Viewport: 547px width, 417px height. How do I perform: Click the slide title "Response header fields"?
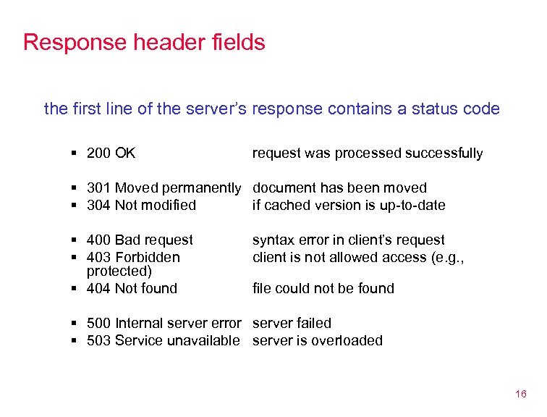144,42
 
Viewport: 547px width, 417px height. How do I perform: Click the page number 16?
520,394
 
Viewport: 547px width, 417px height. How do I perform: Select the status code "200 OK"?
111,153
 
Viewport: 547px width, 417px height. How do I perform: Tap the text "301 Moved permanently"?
164,188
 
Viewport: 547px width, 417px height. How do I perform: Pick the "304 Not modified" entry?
141,205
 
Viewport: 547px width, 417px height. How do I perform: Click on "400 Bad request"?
140,240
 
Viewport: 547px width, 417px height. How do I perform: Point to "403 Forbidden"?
133,257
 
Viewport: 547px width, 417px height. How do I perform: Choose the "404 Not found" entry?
132,288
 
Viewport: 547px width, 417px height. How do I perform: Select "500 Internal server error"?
164,323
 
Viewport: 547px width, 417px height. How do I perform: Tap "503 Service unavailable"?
163,340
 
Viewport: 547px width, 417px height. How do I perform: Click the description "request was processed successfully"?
368,153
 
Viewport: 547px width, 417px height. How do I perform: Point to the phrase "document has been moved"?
339,188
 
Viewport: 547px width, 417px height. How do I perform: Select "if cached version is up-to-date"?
349,205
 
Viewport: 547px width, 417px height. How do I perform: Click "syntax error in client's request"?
349,240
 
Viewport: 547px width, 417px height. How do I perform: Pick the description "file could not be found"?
323,288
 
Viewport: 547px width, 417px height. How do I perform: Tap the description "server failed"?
292,323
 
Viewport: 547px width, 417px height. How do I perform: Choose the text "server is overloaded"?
318,340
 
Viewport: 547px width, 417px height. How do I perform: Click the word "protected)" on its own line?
119,271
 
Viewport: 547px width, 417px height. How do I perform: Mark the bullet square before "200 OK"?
75,153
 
